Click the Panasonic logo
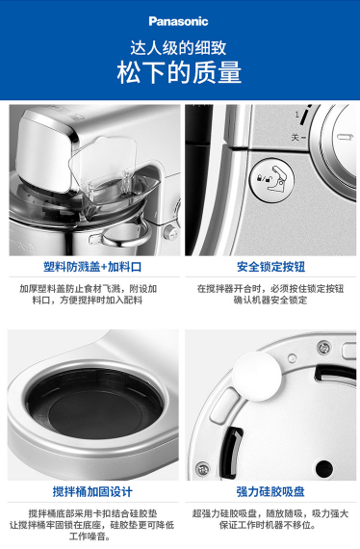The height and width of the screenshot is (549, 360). pyautogui.click(x=178, y=21)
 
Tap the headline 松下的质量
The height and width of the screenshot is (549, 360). pyautogui.click(x=179, y=72)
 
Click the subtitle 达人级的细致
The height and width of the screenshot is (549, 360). pyautogui.click(x=178, y=47)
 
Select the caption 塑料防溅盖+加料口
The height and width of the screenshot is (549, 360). pyautogui.click(x=92, y=267)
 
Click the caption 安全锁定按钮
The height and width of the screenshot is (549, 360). pyautogui.click(x=270, y=267)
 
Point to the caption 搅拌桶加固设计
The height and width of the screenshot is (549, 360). pyautogui.click(x=92, y=491)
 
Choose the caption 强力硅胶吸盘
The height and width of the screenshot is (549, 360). pyautogui.click(x=270, y=491)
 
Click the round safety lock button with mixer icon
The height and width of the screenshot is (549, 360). pyautogui.click(x=271, y=180)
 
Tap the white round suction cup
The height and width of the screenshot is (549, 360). pyautogui.click(x=257, y=376)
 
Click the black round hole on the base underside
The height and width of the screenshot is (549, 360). pyautogui.click(x=324, y=468)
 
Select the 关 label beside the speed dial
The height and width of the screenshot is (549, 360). pyautogui.click(x=296, y=137)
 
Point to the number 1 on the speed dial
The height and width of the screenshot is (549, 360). pyautogui.click(x=297, y=115)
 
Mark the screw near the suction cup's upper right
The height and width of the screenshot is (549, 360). pyautogui.click(x=324, y=348)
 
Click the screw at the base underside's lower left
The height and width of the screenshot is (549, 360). pyautogui.click(x=203, y=469)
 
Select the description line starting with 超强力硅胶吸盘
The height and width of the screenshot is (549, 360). pyautogui.click(x=270, y=513)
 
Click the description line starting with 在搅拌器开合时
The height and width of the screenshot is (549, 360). pyautogui.click(x=270, y=289)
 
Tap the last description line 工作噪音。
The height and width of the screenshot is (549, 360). pyautogui.click(x=90, y=536)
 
